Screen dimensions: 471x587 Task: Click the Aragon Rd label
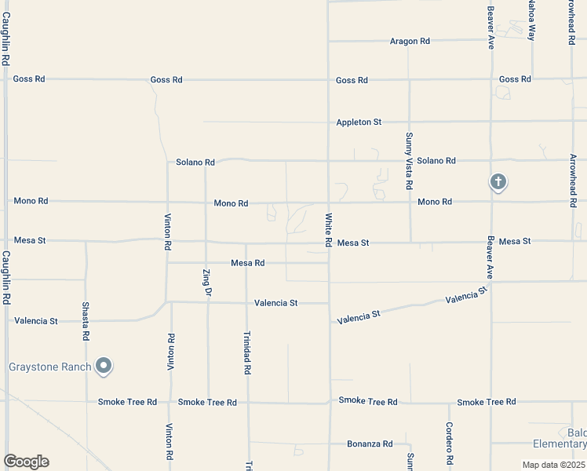[410, 41]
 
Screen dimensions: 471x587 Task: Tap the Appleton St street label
[359, 122]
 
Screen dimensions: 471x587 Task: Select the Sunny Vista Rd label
[409, 162]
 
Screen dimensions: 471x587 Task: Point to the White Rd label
[328, 228]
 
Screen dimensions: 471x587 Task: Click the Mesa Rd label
[247, 263]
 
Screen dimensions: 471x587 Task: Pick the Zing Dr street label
[207, 282]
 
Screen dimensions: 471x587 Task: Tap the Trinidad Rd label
[246, 352]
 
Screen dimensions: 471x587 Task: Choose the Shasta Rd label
[86, 321]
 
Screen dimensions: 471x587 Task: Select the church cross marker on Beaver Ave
[498, 182]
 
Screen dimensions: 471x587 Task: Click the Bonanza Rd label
[370, 444]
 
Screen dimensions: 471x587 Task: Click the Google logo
[26, 462]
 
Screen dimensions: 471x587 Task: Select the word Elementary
[560, 445]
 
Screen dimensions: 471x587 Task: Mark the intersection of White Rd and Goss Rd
[328, 80]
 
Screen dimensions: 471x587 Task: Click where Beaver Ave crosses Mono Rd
[491, 202]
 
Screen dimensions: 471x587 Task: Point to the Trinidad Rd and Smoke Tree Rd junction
[247, 403]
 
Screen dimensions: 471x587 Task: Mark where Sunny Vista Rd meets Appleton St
[409, 122]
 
